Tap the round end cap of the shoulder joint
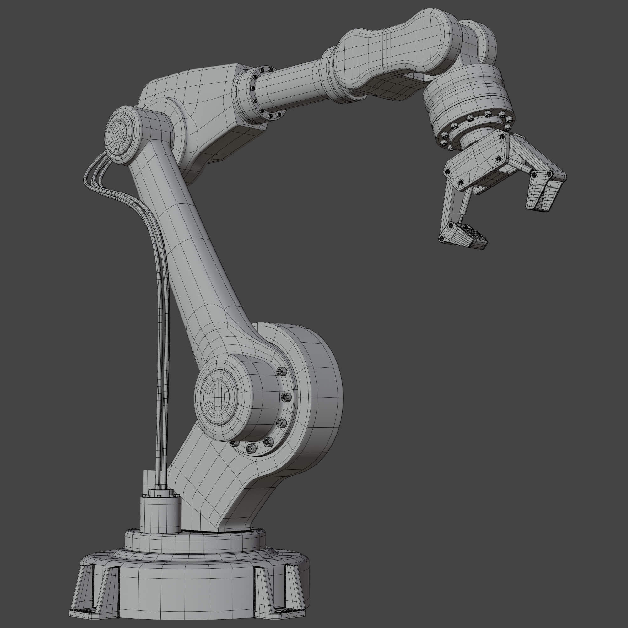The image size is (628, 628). coord(215,396)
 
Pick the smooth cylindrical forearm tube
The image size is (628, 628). coord(293,84)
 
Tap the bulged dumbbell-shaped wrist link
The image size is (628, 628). coord(397,49)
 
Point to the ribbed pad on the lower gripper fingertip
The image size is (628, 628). coord(473,234)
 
